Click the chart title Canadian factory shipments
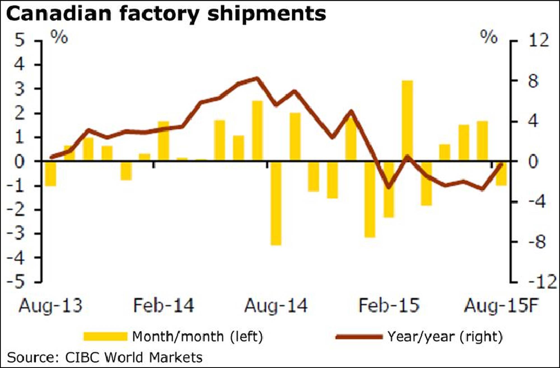point(166,14)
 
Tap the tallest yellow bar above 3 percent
point(407,120)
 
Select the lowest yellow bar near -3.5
point(276,203)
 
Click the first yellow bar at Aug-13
point(51,174)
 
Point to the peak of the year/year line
point(257,78)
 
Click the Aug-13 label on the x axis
point(51,305)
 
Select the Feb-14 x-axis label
point(164,305)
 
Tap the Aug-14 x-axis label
point(276,305)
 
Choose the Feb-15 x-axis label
point(389,305)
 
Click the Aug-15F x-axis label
point(501,305)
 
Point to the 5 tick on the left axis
point(20,41)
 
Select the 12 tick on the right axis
point(538,41)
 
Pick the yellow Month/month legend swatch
point(105,336)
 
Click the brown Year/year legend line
point(359,336)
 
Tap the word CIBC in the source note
point(82,357)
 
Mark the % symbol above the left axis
point(59,37)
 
